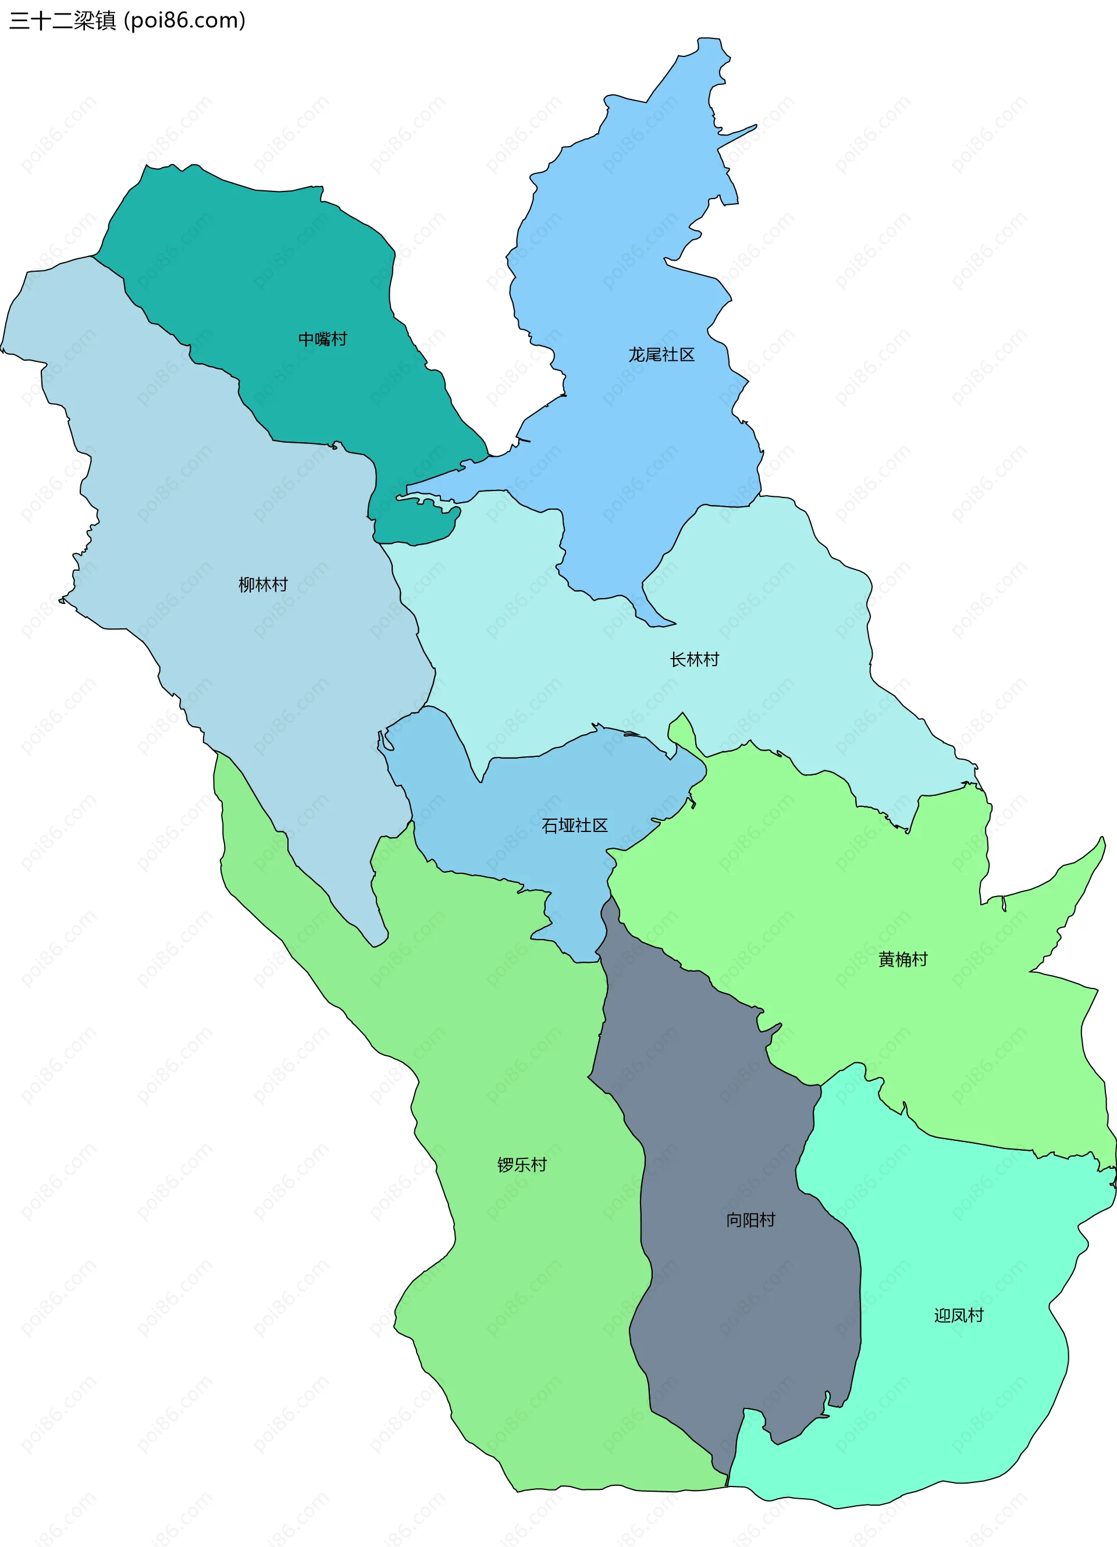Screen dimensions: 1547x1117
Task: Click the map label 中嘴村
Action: (x=322, y=339)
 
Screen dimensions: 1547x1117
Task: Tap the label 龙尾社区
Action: (x=661, y=355)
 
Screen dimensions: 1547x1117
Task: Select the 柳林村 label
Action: (x=262, y=585)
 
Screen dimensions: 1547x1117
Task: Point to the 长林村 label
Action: (x=694, y=660)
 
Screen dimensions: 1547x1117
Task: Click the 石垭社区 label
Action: (x=574, y=826)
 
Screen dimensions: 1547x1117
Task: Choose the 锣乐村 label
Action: (x=522, y=1164)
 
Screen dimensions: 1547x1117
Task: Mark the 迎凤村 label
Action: (x=958, y=1315)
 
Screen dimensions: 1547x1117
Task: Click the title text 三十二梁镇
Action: (x=63, y=20)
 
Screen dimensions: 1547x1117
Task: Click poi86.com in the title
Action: (x=184, y=20)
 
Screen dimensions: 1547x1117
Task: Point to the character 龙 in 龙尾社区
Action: (x=636, y=355)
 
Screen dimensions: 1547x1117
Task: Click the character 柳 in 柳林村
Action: (x=246, y=585)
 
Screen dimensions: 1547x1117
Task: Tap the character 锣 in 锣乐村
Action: (x=506, y=1164)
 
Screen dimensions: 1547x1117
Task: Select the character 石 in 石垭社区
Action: (x=550, y=826)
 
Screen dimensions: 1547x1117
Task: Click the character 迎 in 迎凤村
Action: (x=942, y=1315)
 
